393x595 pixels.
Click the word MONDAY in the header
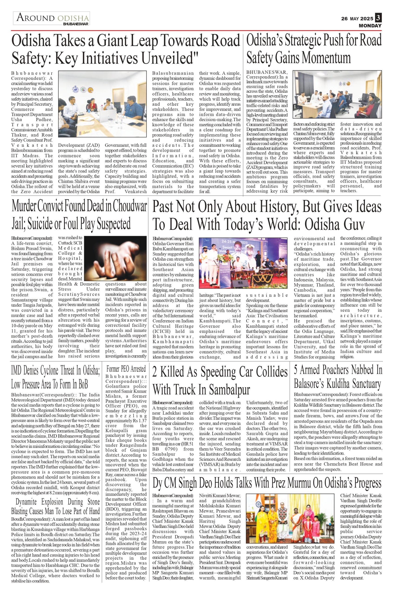(x=370, y=26)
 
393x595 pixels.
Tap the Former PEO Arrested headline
(x=126, y=369)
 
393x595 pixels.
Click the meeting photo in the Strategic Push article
(x=337, y=96)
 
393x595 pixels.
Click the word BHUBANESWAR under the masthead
(x=76, y=24)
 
